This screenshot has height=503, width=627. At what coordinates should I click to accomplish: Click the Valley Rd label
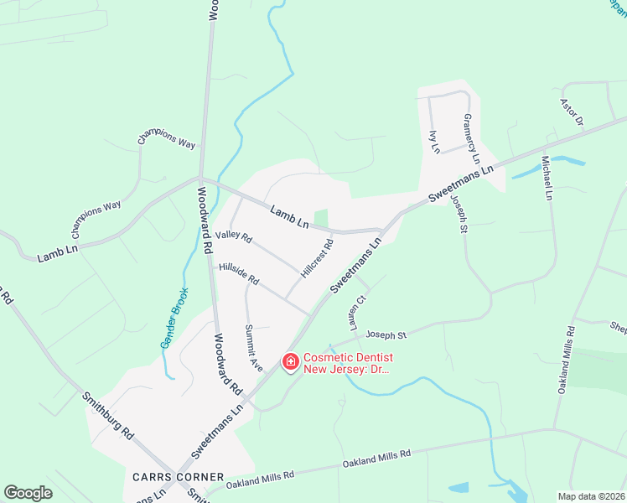pyautogui.click(x=234, y=238)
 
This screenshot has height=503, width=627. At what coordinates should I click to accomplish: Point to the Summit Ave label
pyautogui.click(x=253, y=348)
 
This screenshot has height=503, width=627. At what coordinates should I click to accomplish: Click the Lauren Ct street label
pyautogui.click(x=362, y=311)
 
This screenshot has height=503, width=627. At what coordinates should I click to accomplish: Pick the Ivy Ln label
pyautogui.click(x=434, y=142)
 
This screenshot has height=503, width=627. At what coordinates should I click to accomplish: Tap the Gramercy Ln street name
pyautogui.click(x=472, y=139)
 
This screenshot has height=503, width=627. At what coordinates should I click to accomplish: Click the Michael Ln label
pyautogui.click(x=547, y=178)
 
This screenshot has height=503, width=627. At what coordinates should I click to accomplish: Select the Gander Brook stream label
pyautogui.click(x=174, y=319)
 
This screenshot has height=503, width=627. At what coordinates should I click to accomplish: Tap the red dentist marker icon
pyautogui.click(x=291, y=362)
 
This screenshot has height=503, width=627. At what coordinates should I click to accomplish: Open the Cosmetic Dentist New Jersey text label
pyautogui.click(x=348, y=363)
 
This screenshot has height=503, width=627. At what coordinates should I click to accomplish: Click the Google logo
pyautogui.click(x=28, y=493)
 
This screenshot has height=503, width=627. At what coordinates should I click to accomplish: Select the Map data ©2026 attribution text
pyautogui.click(x=590, y=496)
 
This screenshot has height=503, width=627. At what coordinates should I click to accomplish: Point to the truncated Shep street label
pyautogui.click(x=618, y=328)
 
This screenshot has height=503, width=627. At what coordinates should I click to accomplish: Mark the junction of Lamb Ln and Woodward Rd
pyautogui.click(x=199, y=178)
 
